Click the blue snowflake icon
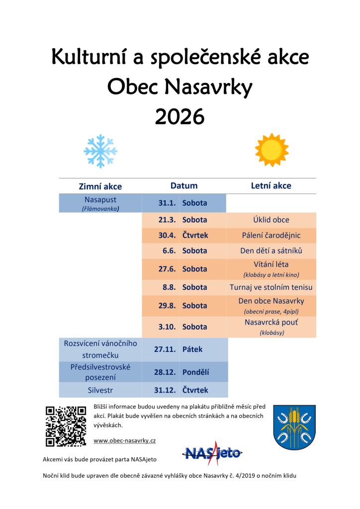100,151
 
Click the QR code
66,426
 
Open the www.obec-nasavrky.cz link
125,441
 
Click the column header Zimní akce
100,186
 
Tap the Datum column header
184,186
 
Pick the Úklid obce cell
271,220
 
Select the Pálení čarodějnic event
271,235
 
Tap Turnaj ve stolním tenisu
271,287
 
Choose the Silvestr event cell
100,390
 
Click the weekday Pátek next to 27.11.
192,349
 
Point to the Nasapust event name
100,199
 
